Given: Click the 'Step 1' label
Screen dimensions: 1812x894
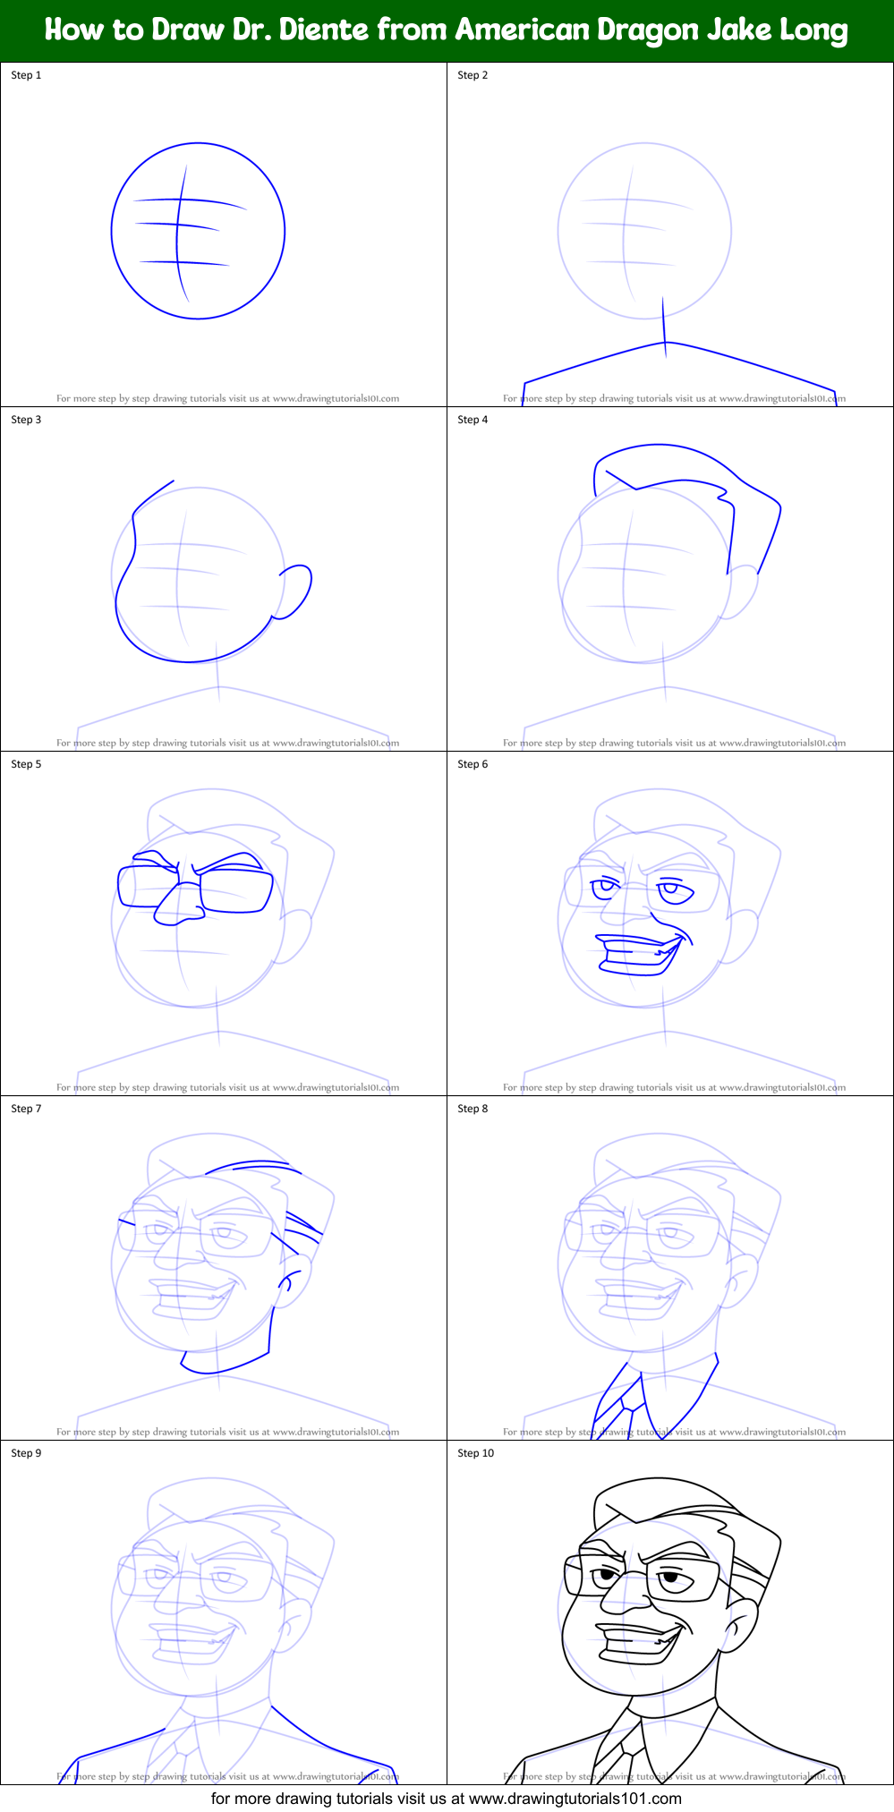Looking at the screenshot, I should point(26,75).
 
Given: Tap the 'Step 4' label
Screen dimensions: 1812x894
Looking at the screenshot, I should point(473,420).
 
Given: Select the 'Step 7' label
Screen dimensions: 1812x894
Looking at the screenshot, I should point(26,1109).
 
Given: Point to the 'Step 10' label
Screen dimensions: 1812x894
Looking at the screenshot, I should point(475,1453).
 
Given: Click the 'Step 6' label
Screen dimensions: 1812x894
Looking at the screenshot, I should point(473,764).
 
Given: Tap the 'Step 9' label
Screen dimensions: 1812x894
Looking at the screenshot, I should point(26,1453).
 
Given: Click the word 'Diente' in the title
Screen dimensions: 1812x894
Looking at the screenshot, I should point(323,30).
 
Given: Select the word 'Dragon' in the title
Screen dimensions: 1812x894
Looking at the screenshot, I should point(651,30).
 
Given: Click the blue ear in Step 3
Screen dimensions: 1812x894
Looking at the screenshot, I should point(296,590).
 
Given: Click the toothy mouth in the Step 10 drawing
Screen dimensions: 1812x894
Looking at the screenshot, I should point(641,1642).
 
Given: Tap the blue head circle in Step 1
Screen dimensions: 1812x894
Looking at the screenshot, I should point(112,230).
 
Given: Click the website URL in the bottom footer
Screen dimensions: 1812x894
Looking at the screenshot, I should point(575,1799).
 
